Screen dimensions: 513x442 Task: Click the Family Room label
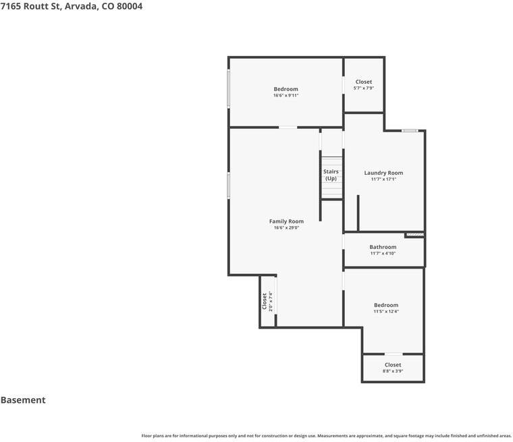[x=286, y=221]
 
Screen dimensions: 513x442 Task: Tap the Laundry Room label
[x=383, y=173]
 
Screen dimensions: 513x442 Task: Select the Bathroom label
[x=383, y=247]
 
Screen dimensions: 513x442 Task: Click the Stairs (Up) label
[x=331, y=175]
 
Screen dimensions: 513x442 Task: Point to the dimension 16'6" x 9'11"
[x=286, y=96]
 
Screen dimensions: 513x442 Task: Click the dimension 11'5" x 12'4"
[x=386, y=312]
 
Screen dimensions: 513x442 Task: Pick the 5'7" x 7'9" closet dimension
[x=363, y=88]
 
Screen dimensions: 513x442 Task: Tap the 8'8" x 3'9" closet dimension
[x=393, y=371]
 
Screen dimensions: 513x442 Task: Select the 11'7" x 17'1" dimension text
[x=383, y=179]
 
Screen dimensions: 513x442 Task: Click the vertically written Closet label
[x=265, y=301]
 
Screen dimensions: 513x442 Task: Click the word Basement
[x=23, y=400]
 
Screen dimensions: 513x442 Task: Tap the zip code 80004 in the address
[x=130, y=6]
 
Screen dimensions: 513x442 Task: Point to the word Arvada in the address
[x=81, y=6]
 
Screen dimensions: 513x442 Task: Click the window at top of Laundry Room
[x=410, y=130]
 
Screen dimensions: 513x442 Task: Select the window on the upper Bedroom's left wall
[x=228, y=88]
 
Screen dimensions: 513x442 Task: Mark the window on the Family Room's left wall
[x=228, y=185]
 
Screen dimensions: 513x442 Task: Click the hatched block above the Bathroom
[x=415, y=235]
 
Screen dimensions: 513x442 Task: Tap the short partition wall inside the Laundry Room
[x=358, y=213]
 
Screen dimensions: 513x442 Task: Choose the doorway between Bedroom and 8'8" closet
[x=394, y=354]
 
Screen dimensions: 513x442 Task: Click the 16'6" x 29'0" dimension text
[x=286, y=227]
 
